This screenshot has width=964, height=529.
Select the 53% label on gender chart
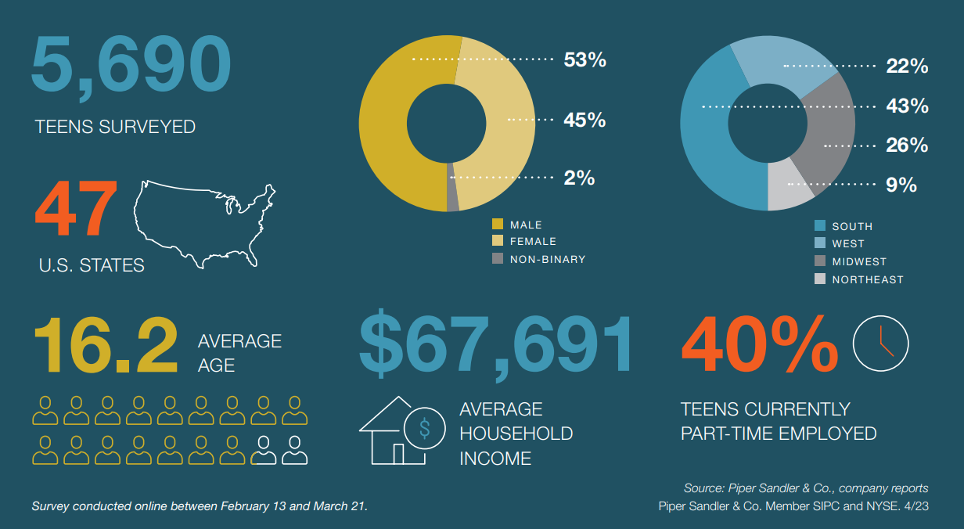(x=585, y=59)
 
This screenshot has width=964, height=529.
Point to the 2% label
(x=579, y=178)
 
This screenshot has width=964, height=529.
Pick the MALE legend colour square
(x=498, y=225)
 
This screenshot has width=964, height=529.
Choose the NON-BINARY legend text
(x=547, y=259)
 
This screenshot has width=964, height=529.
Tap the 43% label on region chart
(x=906, y=106)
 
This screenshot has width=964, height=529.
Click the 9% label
(x=901, y=185)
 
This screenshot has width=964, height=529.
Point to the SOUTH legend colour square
(x=819, y=225)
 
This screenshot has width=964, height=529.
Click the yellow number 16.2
(x=106, y=344)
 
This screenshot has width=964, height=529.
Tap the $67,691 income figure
(x=495, y=344)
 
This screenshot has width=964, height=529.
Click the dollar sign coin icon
(x=425, y=428)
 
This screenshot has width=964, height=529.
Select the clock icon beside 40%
(x=880, y=343)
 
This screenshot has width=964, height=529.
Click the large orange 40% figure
(x=758, y=344)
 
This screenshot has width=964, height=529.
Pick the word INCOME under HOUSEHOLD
(x=495, y=458)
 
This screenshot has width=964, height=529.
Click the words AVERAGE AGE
(x=239, y=353)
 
